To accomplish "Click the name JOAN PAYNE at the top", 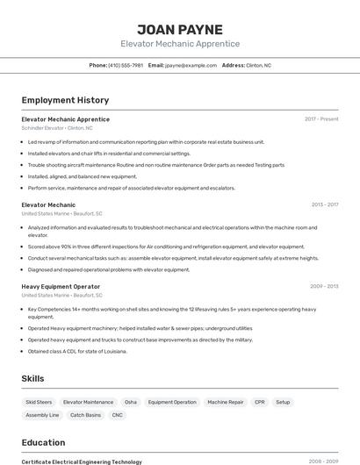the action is pyautogui.click(x=180, y=30).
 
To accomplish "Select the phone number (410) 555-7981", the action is pyautogui.click(x=126, y=65).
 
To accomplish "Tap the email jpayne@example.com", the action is pyautogui.click(x=191, y=65).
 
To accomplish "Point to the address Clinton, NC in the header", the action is pyautogui.click(x=258, y=65).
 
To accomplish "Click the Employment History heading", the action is pyautogui.click(x=65, y=100).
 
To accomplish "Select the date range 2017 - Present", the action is pyautogui.click(x=321, y=119).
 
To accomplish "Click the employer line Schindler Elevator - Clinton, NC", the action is pyautogui.click(x=57, y=128).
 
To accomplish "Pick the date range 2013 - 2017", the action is pyautogui.click(x=325, y=204).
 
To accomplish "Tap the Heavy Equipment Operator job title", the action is pyautogui.click(x=61, y=286).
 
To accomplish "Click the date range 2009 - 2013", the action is pyautogui.click(x=324, y=286).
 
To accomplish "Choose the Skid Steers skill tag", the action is pyautogui.click(x=39, y=402).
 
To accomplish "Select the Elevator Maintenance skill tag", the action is pyautogui.click(x=88, y=402).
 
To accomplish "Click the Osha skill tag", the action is pyautogui.click(x=131, y=402).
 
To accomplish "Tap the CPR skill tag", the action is pyautogui.click(x=259, y=402).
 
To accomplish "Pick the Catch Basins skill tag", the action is pyautogui.click(x=85, y=415).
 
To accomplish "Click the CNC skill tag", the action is pyautogui.click(x=118, y=415).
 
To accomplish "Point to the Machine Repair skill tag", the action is pyautogui.click(x=226, y=402).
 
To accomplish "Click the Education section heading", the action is pyautogui.click(x=43, y=442).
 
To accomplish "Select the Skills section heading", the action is pyautogui.click(x=33, y=378).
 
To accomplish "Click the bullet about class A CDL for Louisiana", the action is pyautogui.click(x=77, y=351).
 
